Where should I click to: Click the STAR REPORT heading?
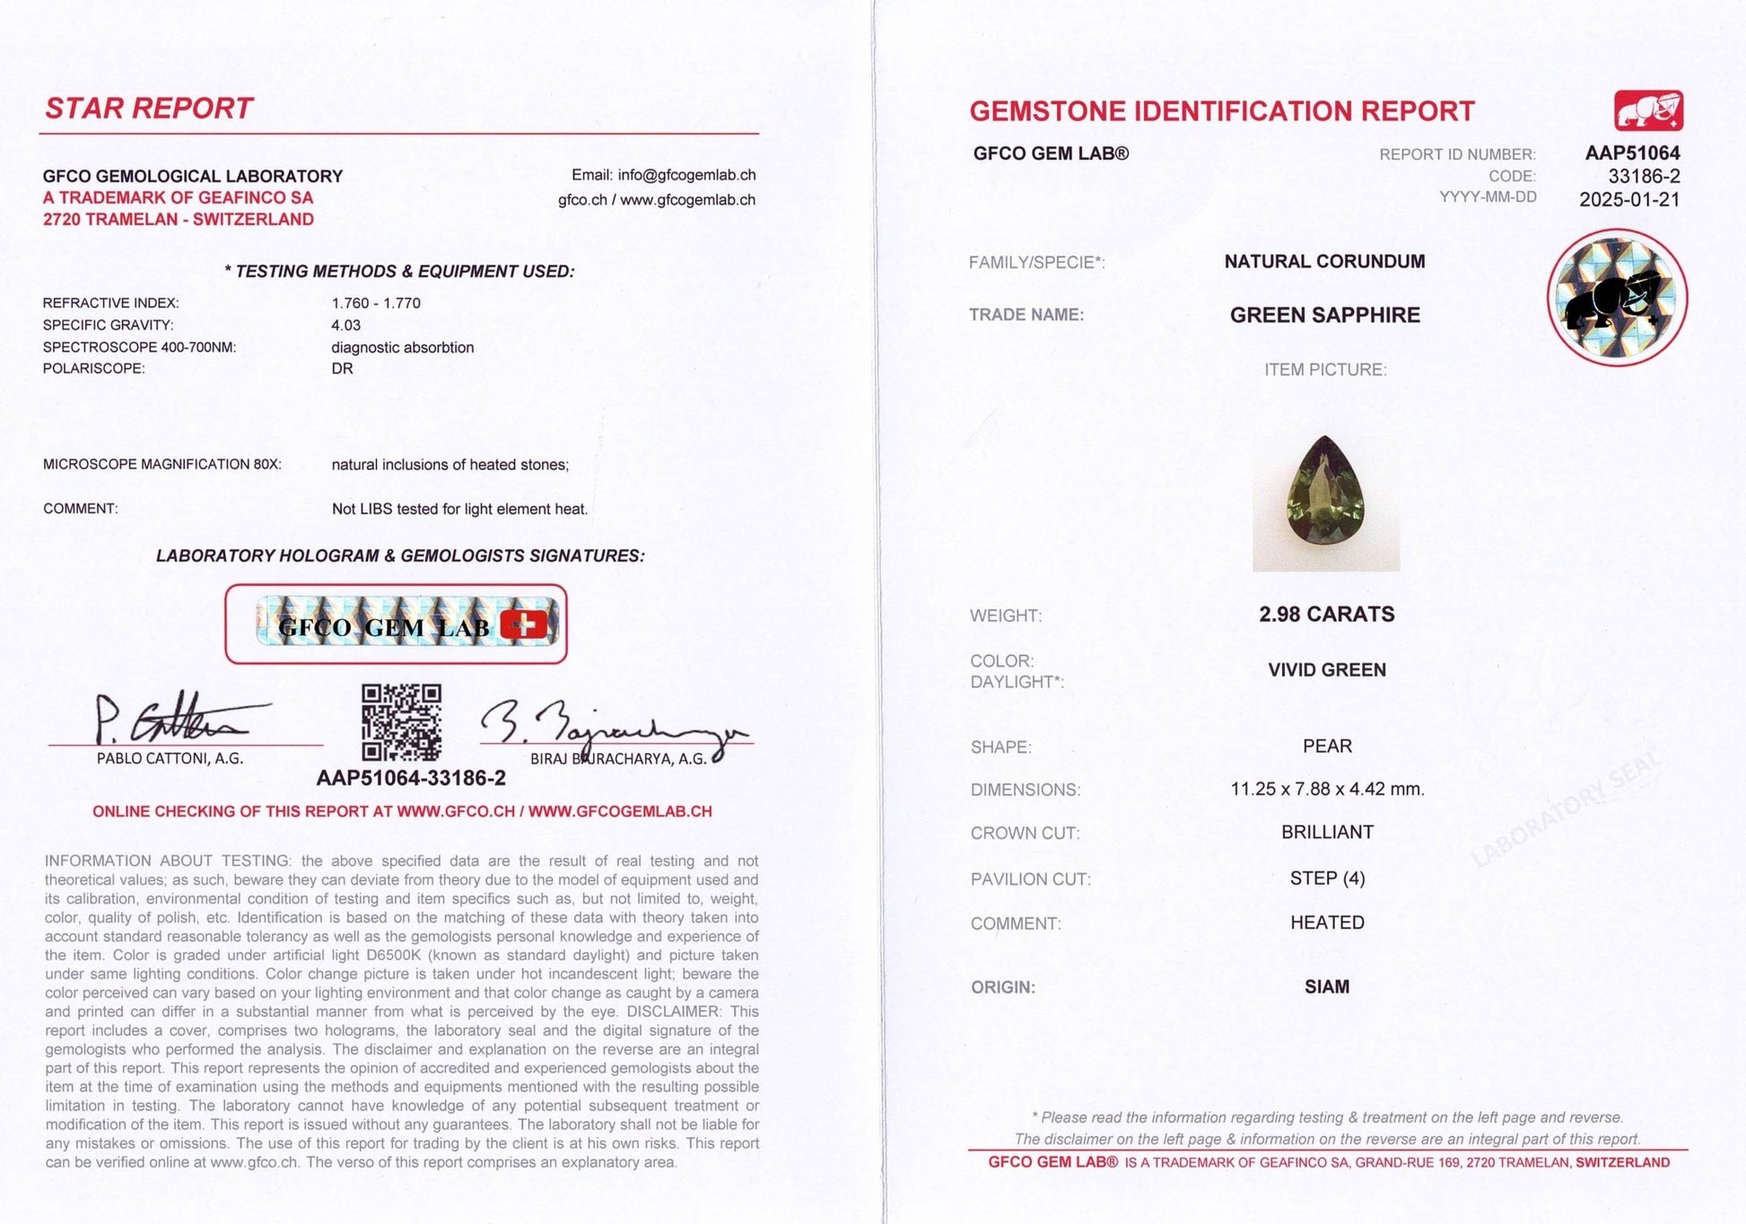[149, 109]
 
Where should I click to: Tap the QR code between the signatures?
[401, 722]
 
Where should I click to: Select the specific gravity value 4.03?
[345, 325]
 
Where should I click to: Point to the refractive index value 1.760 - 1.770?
[375, 303]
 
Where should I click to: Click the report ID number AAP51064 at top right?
[1632, 153]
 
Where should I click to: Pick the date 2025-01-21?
[1629, 200]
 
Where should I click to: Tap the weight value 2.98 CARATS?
[1326, 615]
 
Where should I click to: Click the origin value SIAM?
[1326, 987]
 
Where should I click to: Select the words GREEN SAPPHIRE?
[1324, 316]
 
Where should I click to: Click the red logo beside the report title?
[1648, 111]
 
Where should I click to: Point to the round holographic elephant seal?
[1617, 297]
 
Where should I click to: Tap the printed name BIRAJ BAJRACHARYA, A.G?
[618, 759]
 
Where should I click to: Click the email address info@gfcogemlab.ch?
[686, 175]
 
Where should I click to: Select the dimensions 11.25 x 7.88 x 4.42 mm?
[1327, 790]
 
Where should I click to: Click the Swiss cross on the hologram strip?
[523, 625]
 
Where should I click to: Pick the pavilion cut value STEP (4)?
[1327, 879]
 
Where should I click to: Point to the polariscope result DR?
[342, 369]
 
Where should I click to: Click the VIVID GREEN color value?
[1326, 670]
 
